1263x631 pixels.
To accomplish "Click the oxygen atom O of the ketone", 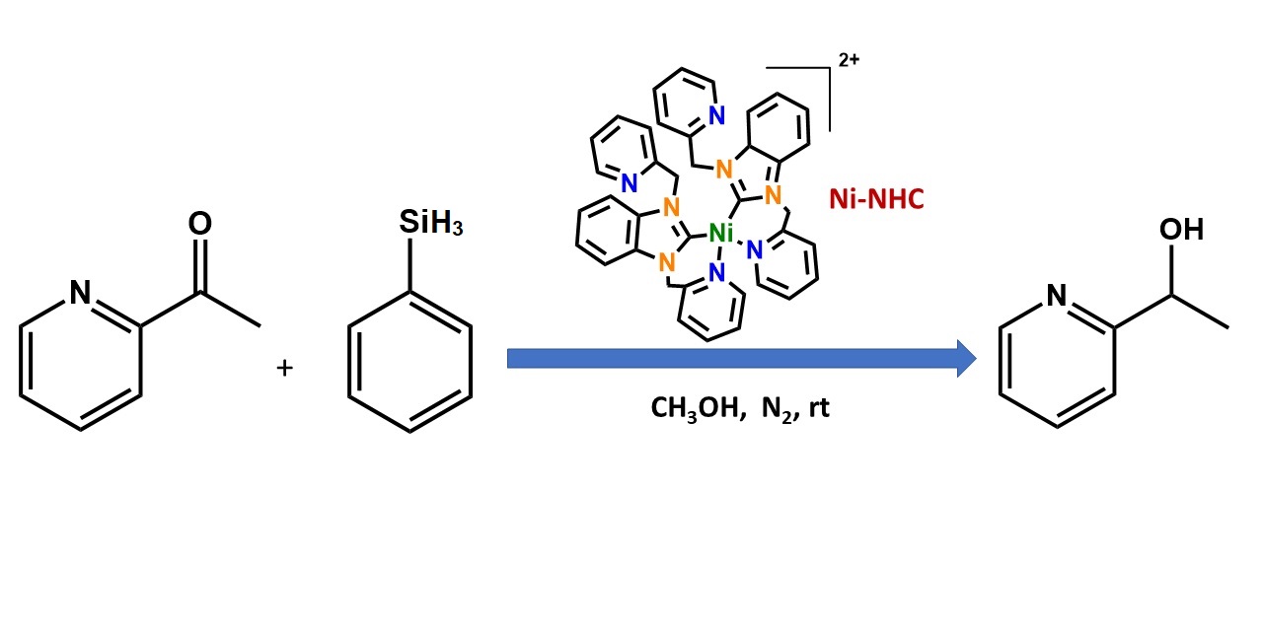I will [x=199, y=225].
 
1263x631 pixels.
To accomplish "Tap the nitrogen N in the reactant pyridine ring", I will [x=80, y=291].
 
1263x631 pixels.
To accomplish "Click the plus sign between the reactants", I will [x=285, y=368].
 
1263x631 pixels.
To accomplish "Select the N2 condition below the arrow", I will [x=777, y=408].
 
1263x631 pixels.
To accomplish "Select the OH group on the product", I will [x=1181, y=230].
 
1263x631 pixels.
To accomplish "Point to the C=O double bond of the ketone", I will [x=199, y=261].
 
